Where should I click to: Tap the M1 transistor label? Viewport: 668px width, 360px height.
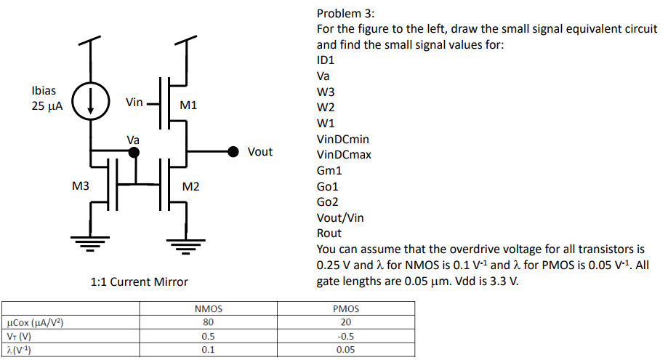point(188,105)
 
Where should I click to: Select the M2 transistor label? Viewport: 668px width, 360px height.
point(191,187)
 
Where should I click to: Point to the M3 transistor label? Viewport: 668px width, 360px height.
point(81,187)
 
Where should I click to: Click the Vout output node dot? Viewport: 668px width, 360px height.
point(233,151)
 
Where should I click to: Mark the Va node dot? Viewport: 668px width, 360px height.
point(134,152)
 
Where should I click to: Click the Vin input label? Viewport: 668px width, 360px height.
point(134,103)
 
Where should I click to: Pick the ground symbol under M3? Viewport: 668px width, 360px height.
point(90,241)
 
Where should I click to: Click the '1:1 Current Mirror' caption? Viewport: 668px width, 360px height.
point(140,281)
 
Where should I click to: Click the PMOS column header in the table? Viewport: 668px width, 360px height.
point(346,309)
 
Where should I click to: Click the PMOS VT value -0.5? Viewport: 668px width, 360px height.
point(346,336)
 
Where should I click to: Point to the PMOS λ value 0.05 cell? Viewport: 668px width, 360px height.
point(346,350)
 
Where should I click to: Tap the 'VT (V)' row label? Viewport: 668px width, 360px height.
point(20,336)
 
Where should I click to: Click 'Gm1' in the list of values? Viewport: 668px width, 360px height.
point(329,171)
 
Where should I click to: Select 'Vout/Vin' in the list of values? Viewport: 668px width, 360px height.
point(340,217)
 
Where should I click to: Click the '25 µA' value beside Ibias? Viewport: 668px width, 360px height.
point(47,106)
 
